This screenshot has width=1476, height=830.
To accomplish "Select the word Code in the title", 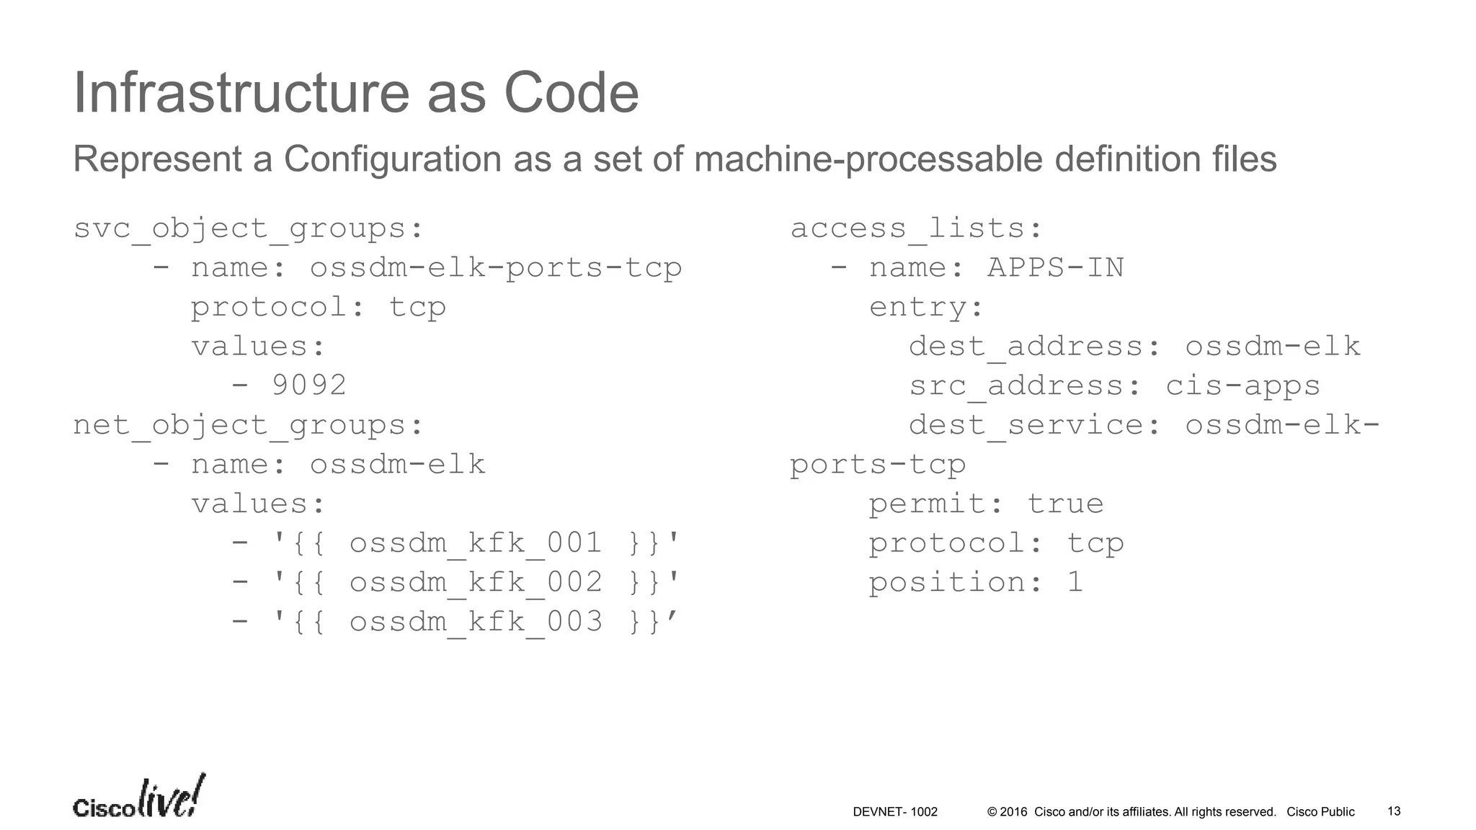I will click(x=571, y=93).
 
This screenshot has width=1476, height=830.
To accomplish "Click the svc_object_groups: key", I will click(x=249, y=228).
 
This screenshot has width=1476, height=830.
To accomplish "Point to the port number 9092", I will click(x=308, y=385).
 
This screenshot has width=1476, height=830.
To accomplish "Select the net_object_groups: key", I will click(x=249, y=425).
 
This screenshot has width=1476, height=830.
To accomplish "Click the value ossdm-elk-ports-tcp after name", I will click(x=496, y=268).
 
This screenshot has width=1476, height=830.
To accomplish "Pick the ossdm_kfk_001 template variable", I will click(x=476, y=543).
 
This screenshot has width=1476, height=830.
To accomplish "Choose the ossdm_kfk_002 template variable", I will click(x=476, y=582).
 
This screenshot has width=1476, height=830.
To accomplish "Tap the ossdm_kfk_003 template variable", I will click(x=476, y=622).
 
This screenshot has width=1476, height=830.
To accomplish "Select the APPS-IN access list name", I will click(x=1055, y=268).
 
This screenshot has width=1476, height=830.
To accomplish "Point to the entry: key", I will click(x=926, y=308).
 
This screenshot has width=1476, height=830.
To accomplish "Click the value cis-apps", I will click(x=1242, y=385).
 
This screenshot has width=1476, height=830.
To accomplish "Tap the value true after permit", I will click(x=1065, y=504).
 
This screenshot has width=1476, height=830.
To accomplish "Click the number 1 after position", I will click(x=1075, y=582).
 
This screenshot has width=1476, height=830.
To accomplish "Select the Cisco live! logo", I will click(x=139, y=798).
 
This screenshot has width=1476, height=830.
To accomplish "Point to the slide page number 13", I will click(x=1394, y=811).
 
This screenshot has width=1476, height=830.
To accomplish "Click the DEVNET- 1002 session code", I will click(x=895, y=812).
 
